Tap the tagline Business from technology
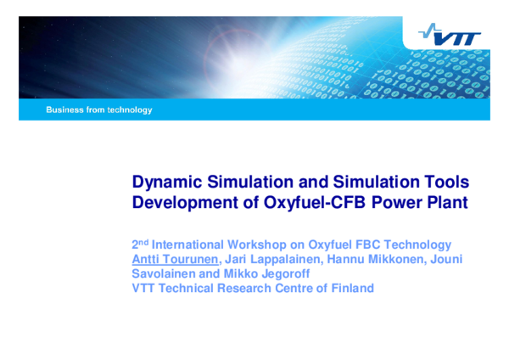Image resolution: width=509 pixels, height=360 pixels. point(99,110)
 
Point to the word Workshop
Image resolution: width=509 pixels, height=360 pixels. point(271,244)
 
